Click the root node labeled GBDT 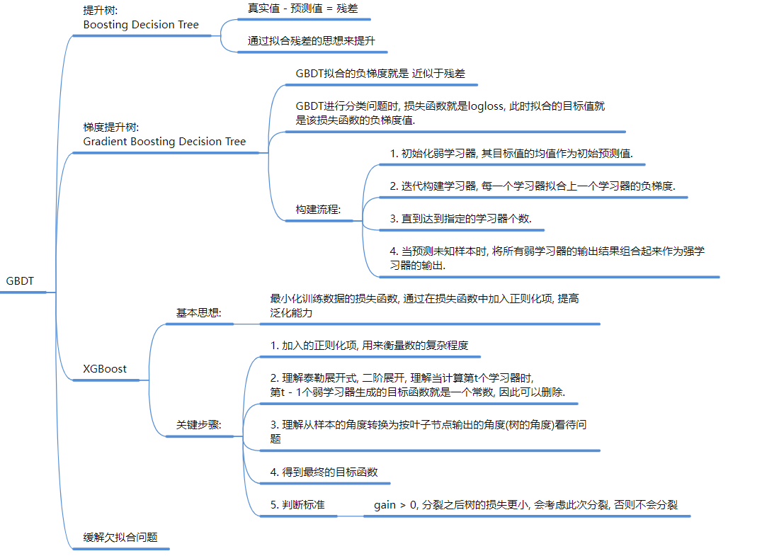click(20, 281)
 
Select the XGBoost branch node click(105, 369)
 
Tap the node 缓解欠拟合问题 click(120, 538)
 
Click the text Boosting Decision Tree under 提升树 click(141, 25)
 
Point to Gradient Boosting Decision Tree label click(164, 142)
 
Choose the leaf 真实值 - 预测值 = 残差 click(298, 9)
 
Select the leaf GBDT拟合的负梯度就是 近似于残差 click(380, 73)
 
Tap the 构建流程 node click(318, 210)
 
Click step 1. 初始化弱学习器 click(511, 154)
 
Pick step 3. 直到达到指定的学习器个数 click(460, 219)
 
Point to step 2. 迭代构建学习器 click(533, 186)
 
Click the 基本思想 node click(199, 312)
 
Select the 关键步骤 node click(199, 425)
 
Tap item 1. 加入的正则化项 click(369, 346)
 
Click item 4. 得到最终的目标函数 click(324, 472)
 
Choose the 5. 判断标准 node click(297, 505)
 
